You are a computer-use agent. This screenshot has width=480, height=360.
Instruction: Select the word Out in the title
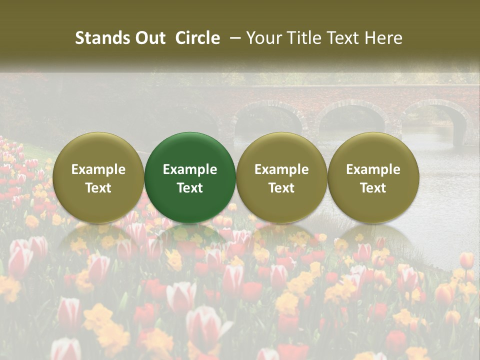[x=149, y=38]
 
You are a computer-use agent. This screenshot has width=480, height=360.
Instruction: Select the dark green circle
[x=190, y=177]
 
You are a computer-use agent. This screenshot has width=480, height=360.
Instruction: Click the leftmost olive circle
[x=98, y=177]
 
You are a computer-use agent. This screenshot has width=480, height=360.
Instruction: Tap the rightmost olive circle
[x=373, y=177]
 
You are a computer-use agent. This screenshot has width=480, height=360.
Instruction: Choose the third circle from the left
[x=281, y=177]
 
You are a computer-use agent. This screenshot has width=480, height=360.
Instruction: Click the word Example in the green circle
[x=190, y=169]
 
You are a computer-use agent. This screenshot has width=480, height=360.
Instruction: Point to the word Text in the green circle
[x=190, y=188]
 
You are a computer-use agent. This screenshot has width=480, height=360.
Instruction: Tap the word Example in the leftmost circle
[x=98, y=169]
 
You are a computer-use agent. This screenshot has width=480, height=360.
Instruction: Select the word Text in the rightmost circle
[x=373, y=188]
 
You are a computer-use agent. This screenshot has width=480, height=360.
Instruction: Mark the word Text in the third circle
[x=281, y=188]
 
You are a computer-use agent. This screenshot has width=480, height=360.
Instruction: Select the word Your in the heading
[x=263, y=38]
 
